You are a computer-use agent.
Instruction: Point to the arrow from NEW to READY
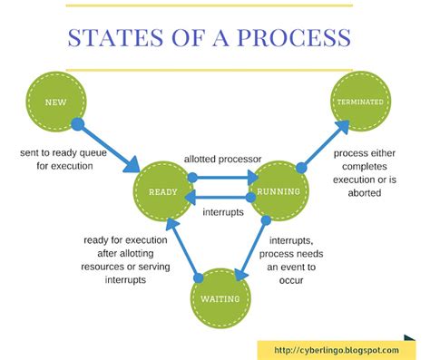pos(107,145)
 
